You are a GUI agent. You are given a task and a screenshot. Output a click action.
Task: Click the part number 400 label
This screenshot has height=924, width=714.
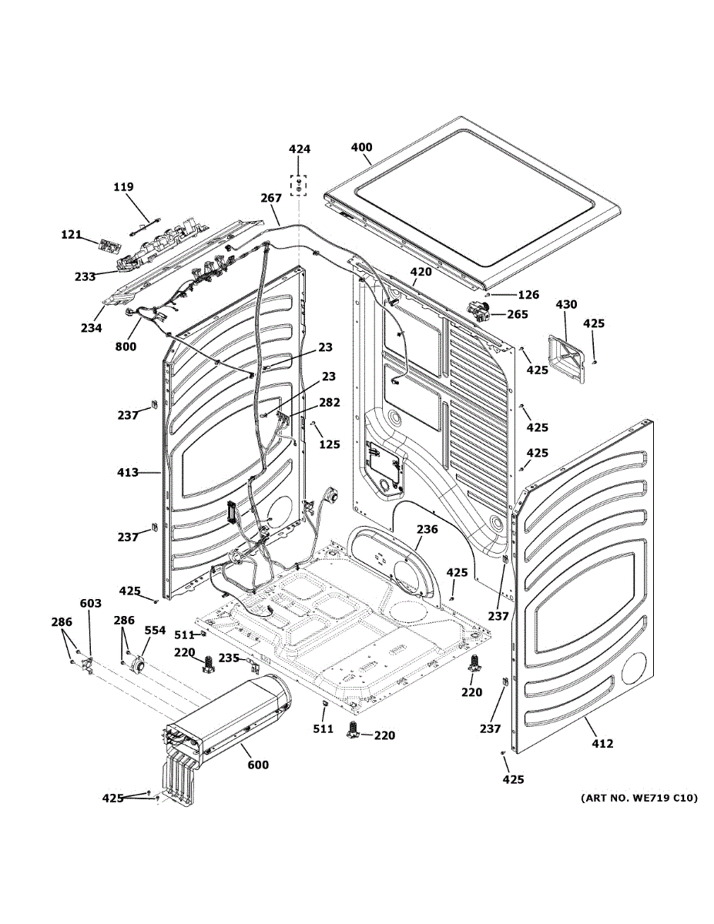[362, 147]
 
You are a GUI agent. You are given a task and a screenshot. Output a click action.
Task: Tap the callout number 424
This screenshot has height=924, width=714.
[300, 149]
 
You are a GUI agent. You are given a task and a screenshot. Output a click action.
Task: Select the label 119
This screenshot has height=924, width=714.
[123, 186]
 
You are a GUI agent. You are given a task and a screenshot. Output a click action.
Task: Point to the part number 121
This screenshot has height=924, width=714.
[71, 234]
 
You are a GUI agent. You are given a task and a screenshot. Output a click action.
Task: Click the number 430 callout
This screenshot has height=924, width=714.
[566, 304]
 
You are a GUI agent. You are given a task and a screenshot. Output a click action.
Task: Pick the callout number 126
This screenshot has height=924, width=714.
[528, 295]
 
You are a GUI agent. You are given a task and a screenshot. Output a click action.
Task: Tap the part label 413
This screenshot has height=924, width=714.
[128, 472]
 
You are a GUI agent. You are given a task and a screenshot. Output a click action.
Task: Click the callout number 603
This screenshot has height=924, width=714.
[91, 603]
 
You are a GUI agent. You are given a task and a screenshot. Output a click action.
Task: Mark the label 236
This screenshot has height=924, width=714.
[427, 529]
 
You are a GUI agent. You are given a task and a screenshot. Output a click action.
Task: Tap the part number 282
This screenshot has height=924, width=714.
[330, 402]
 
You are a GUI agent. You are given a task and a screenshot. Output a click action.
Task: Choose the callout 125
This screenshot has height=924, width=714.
[330, 444]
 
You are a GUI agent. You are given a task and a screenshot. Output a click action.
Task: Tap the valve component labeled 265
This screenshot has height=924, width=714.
[478, 311]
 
